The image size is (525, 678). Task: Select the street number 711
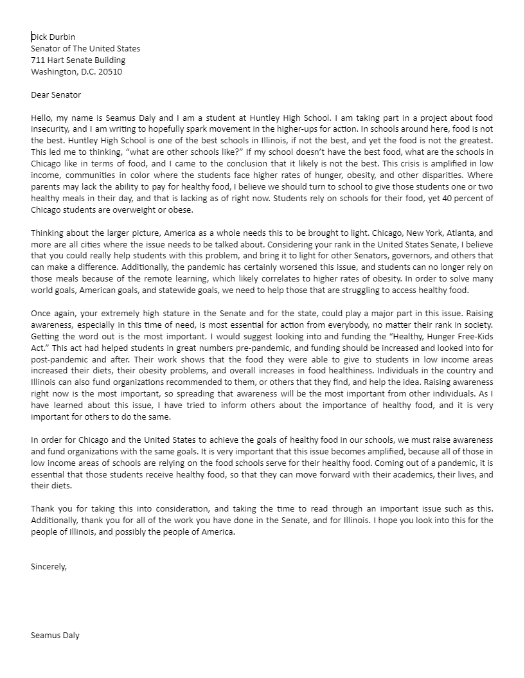38,60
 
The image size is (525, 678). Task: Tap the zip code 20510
110,72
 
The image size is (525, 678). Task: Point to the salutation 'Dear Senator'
56,95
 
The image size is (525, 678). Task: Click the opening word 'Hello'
42,118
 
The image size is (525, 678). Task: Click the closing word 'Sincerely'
48,567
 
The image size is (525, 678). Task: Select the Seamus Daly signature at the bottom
55,636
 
